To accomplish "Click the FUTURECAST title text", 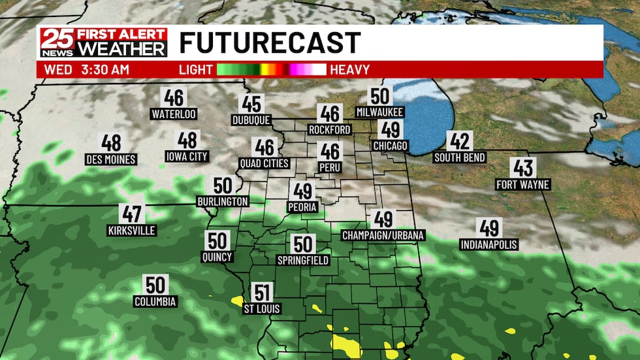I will [270, 43].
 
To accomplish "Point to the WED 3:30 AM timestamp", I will [87, 69].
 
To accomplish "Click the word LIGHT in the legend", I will [196, 69].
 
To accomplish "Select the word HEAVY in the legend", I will [350, 69].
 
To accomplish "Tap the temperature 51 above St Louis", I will [263, 293].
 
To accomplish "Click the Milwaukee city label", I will [379, 112].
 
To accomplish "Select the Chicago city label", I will [390, 145].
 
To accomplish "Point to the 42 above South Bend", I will [459, 140].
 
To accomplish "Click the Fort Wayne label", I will [522, 185].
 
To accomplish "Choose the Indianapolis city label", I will [488, 245].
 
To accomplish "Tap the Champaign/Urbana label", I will [383, 235].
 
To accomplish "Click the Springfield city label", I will [302, 260].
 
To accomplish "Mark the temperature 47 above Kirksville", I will [131, 214].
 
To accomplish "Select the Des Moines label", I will [111, 159].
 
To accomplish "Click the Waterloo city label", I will [174, 114].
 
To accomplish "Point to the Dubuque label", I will [251, 120].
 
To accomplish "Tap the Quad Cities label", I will [264, 163].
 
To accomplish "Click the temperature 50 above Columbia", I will [155, 285].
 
